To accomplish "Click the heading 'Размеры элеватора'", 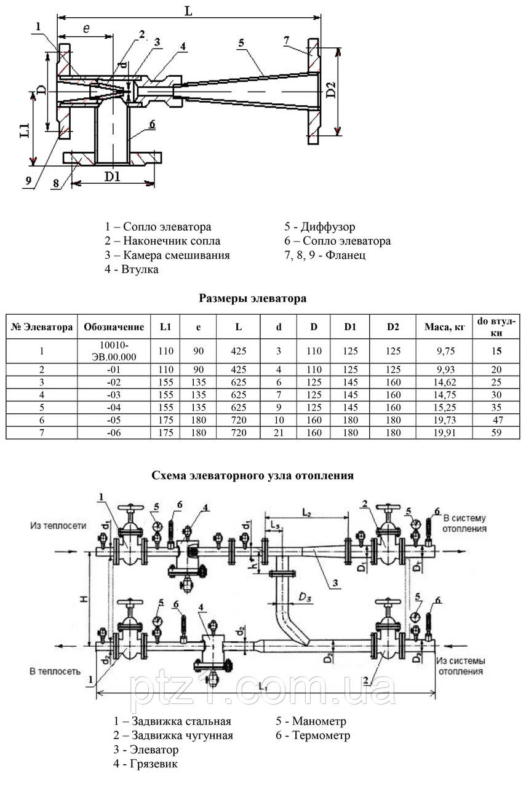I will click(253, 299).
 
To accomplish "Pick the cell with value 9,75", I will click(445, 351).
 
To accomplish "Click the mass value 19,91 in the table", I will click(445, 433).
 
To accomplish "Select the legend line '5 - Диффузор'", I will click(319, 227).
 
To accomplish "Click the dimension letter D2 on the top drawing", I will click(332, 90).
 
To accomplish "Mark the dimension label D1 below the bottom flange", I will click(112, 177).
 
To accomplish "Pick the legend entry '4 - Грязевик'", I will click(145, 764).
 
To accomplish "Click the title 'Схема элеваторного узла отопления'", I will click(252, 475).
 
